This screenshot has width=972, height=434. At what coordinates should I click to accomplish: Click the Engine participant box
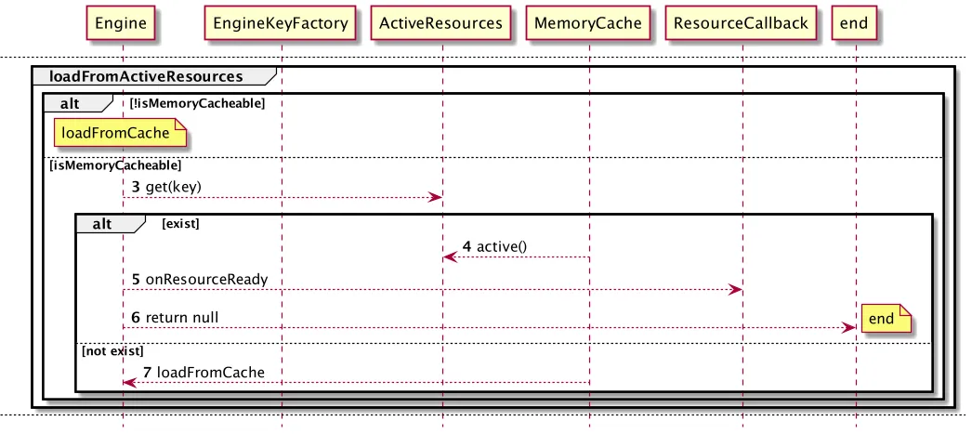[121, 23]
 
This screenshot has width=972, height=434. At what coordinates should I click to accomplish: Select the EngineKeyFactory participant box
[281, 23]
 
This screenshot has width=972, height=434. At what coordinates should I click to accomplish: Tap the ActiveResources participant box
[440, 23]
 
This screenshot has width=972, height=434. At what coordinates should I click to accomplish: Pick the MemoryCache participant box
[587, 23]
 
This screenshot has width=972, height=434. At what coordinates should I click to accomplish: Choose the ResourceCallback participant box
[741, 23]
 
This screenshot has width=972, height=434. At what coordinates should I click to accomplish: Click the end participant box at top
[854, 23]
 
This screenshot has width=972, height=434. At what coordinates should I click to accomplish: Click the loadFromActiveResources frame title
[146, 77]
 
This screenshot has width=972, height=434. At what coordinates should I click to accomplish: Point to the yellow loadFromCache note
[120, 133]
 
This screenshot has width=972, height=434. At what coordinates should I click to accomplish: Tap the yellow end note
[886, 319]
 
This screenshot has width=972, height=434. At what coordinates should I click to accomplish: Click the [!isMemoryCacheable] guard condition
[197, 103]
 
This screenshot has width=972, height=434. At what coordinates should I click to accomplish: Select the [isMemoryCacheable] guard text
[114, 165]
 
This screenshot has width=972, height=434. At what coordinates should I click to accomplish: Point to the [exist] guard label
[180, 224]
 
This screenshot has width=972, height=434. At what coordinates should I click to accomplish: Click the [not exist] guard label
[112, 351]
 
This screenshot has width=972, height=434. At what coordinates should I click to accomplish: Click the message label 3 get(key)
[166, 187]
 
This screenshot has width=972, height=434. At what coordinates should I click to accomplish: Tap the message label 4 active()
[494, 246]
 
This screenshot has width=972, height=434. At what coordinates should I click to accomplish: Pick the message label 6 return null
[175, 318]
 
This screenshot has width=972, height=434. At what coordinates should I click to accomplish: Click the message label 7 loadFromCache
[204, 372]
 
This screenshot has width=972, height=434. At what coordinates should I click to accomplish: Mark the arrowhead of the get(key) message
[435, 197]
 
